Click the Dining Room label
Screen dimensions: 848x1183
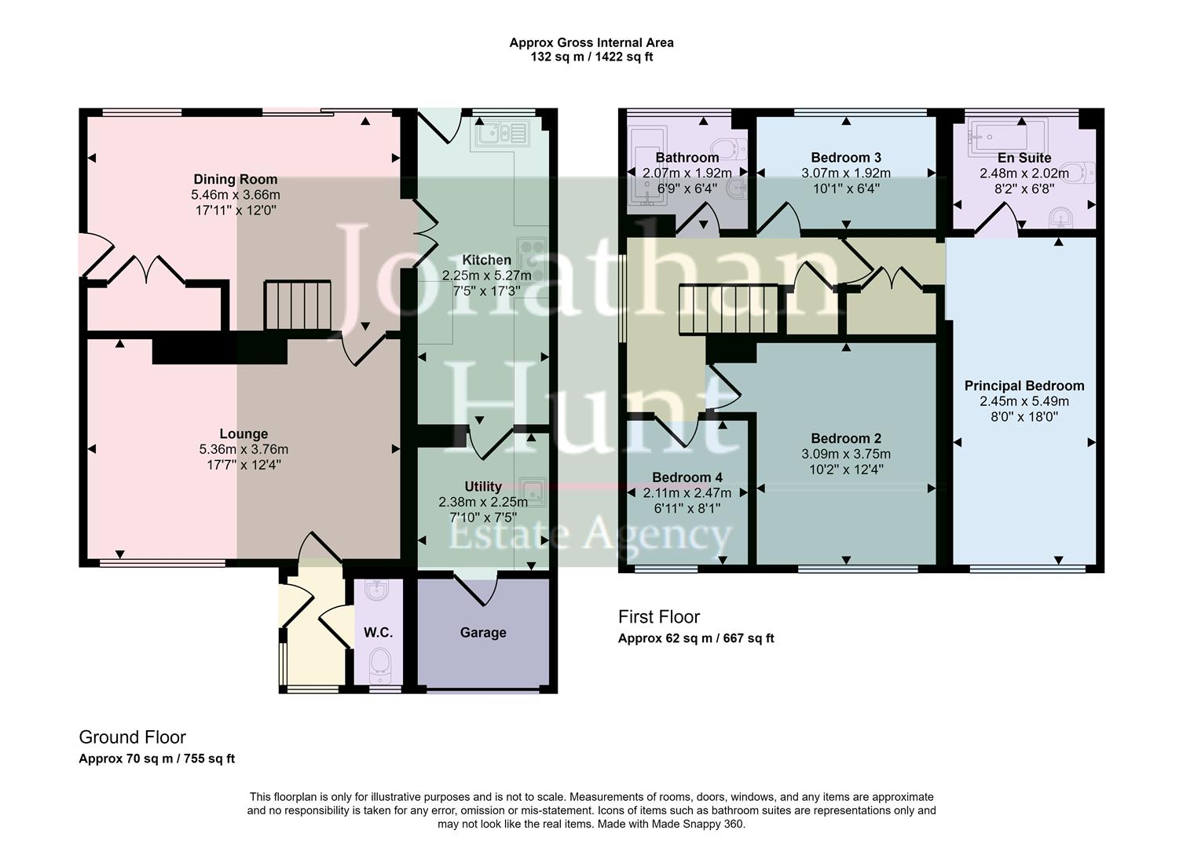point(236,180)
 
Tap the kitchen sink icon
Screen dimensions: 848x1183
point(501,134)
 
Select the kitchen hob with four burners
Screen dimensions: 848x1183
point(532,259)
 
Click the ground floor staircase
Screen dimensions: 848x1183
point(298,305)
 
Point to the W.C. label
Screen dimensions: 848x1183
point(378,633)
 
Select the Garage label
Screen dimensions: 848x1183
point(483,633)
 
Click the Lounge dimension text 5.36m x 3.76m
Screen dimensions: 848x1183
point(244,450)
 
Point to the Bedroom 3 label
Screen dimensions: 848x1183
point(846,158)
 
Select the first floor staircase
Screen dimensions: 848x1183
point(727,309)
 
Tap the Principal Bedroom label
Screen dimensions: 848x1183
point(1024,386)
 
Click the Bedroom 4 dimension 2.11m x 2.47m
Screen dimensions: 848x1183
point(687,493)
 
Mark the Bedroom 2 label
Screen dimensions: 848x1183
point(846,439)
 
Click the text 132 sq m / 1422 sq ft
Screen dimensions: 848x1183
point(591,57)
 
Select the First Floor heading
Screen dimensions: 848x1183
point(658,617)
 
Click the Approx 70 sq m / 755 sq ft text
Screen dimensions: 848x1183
point(156,758)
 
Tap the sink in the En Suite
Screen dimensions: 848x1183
point(1060,215)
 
